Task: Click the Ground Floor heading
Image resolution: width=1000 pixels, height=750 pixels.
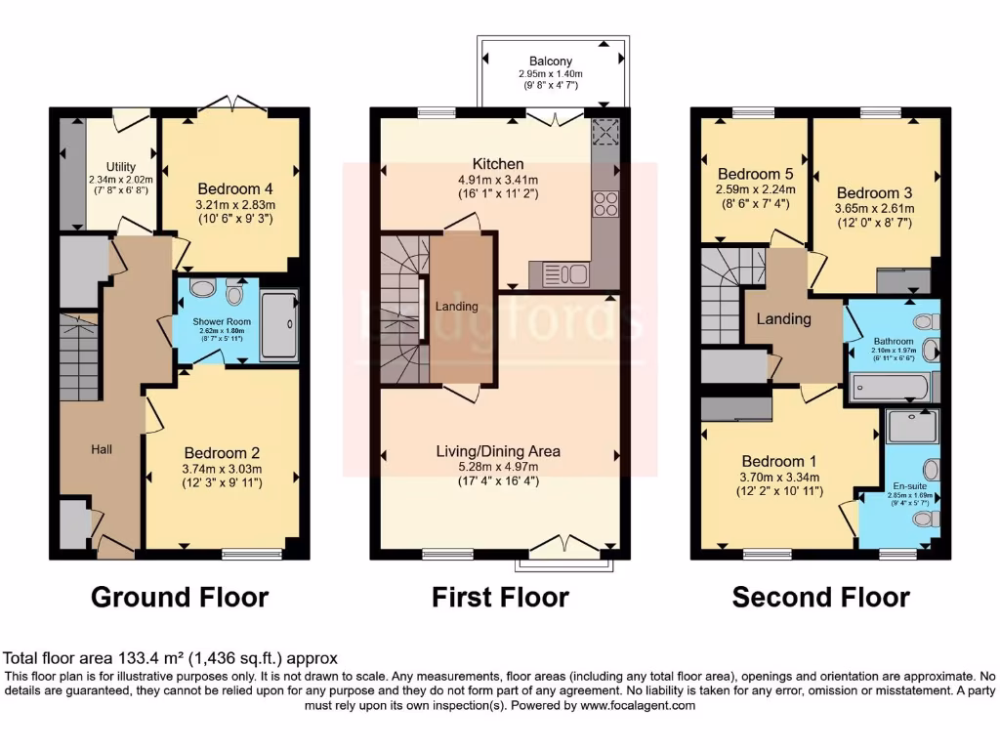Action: coord(180,597)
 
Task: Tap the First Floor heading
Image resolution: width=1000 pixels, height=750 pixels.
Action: coord(500,597)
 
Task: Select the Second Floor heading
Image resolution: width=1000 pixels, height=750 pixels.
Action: coord(820,597)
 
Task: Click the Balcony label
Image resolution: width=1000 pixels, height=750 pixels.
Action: coord(551,60)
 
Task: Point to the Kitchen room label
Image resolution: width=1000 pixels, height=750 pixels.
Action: coord(498,164)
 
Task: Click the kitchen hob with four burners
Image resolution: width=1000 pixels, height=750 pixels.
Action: coord(605,203)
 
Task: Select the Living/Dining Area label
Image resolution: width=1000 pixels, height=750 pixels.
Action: coord(498,451)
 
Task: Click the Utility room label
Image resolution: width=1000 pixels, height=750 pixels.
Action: coord(120,167)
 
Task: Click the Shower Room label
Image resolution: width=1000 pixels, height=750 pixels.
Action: coord(222,321)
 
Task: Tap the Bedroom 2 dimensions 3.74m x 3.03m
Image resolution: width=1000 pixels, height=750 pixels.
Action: coord(222,469)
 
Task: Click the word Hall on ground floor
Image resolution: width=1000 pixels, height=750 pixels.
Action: coord(102,448)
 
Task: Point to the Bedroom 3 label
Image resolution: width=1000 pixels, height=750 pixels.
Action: coord(873,192)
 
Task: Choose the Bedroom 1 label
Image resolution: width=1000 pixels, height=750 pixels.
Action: coord(778,461)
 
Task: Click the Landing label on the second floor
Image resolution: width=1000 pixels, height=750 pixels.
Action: coord(784,319)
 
